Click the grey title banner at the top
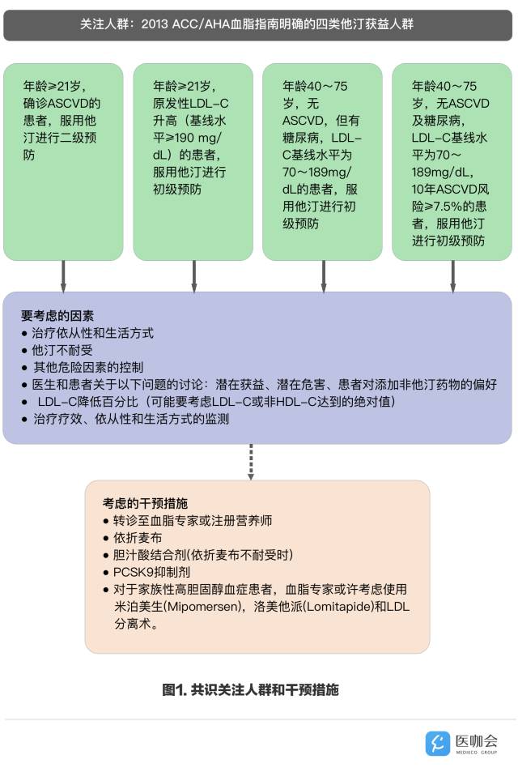258,24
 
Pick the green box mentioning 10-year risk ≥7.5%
452,162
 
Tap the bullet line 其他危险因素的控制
87,367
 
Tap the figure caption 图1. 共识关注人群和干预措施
250,690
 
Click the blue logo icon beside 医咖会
438,742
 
